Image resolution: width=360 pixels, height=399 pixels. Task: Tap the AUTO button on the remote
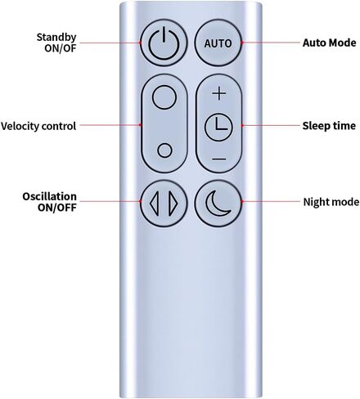tap(218, 43)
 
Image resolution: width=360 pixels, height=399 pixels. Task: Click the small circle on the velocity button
tap(164, 150)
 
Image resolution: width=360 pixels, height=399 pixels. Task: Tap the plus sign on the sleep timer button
tap(219, 94)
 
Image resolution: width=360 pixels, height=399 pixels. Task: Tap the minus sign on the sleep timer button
tap(219, 159)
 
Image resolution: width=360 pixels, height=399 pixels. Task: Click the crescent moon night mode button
tap(218, 203)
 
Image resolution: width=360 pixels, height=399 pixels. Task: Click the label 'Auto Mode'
tap(329, 43)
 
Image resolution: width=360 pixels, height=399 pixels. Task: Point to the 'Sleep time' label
tap(329, 126)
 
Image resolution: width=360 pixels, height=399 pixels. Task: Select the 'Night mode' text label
tap(331, 202)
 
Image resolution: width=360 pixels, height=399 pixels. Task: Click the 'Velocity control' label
tap(38, 126)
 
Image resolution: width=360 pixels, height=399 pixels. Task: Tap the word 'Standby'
tap(56, 37)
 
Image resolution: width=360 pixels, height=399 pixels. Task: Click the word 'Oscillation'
tap(49, 196)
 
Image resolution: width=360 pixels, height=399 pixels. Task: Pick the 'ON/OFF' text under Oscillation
tap(56, 208)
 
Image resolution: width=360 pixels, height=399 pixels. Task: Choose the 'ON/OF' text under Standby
tap(60, 48)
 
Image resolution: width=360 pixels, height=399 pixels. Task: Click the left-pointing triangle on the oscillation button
tap(155, 204)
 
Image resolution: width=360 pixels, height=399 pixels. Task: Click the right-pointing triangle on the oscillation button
tap(173, 204)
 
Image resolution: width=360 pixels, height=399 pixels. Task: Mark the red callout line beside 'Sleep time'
tap(271, 126)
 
